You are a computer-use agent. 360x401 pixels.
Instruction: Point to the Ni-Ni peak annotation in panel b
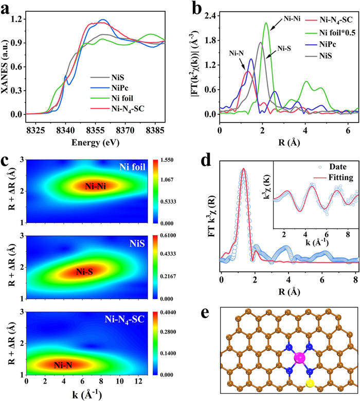click(x=293, y=21)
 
